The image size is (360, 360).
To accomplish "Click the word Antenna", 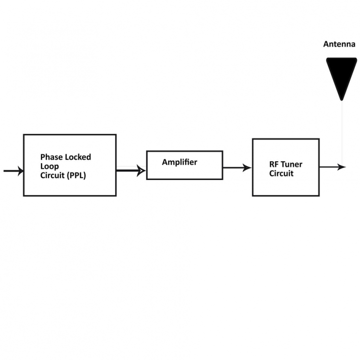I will tap(339, 44).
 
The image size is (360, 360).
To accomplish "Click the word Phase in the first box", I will tap(51, 157).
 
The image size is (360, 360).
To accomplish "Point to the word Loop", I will tap(49, 166).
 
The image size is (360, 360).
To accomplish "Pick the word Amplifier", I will tap(179, 162).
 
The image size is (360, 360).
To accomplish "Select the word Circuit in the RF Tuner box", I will tap(281, 173).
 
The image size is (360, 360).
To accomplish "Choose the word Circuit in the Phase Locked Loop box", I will tap(52, 175).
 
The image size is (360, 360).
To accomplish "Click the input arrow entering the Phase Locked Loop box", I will tap(13, 171).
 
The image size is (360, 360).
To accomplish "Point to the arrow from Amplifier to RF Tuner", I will tap(237, 167).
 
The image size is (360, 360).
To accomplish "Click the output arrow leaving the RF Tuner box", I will tap(332, 167).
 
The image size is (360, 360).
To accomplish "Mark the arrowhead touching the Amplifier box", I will tap(141, 170).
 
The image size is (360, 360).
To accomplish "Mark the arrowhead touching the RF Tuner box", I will tap(247, 167).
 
